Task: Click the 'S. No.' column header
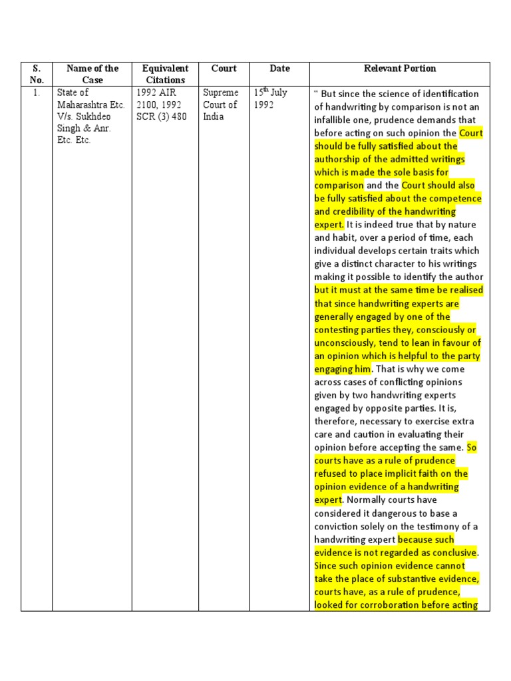(36, 74)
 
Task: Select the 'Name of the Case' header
(92, 74)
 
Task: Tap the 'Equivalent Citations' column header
(165, 74)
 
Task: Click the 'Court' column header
(224, 68)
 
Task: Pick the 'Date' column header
(279, 68)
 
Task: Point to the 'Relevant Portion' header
(400, 68)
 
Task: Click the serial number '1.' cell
(36, 93)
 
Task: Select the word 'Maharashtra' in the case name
(83, 104)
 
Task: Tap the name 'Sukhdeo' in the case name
(95, 116)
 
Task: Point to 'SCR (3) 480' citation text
(162, 116)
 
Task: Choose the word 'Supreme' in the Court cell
(220, 93)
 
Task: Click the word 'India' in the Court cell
(214, 116)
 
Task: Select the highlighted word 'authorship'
(338, 160)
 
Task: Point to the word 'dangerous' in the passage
(415, 513)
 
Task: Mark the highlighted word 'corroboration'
(381, 605)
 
